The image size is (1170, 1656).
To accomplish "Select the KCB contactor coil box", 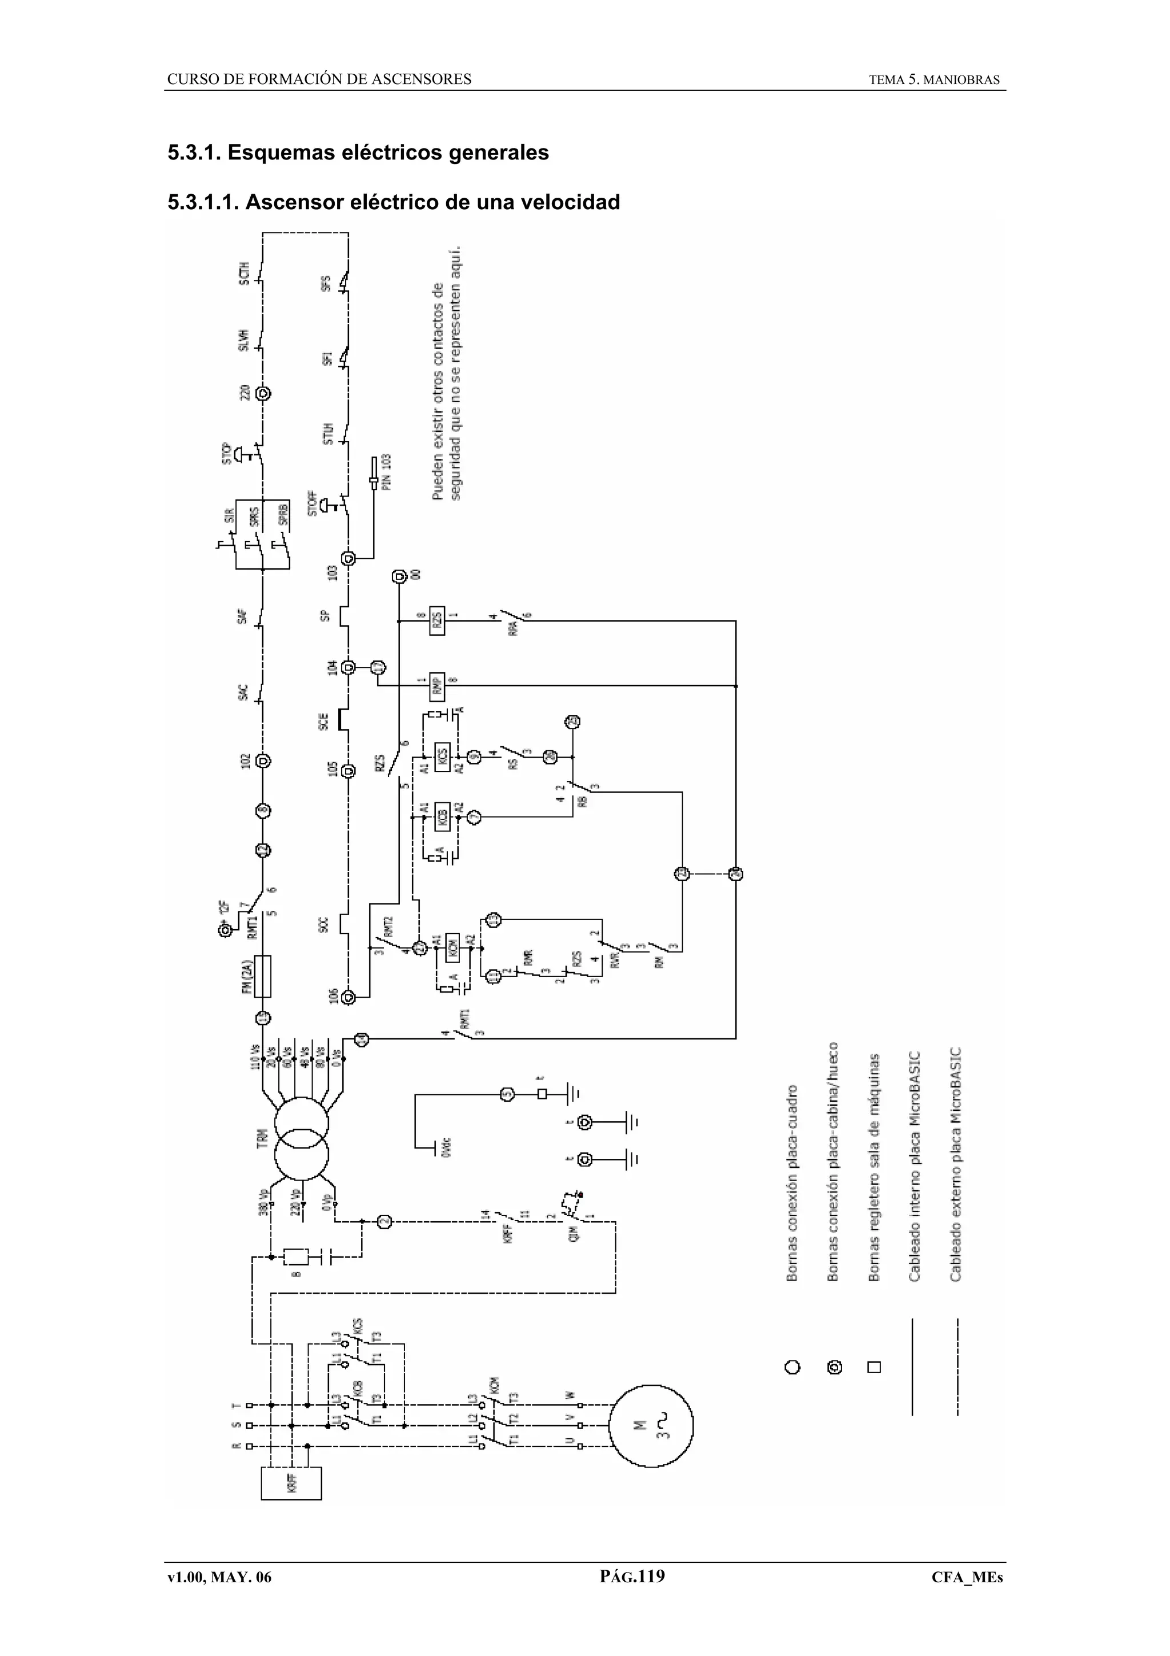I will pos(443,817).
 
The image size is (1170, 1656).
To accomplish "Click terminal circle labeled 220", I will pos(263,394).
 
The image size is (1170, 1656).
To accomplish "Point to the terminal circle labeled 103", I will pos(348,558).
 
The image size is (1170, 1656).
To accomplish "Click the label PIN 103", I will pos(386,473).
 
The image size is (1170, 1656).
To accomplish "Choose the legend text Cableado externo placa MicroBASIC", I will pos(955,1165).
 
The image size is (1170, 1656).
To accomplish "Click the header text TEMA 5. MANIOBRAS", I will pos(934,80).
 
